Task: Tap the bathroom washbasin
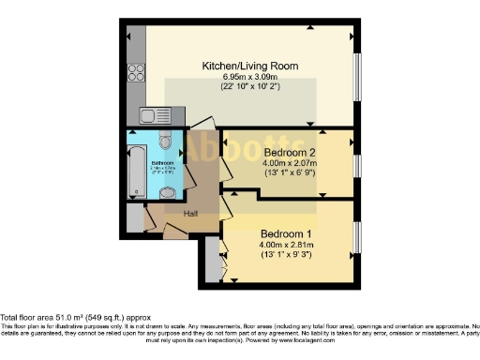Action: pyautogui.click(x=167, y=193)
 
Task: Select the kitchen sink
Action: pyautogui.click(x=151, y=116)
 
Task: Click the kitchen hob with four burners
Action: pyautogui.click(x=134, y=71)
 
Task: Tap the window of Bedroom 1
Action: pyautogui.click(x=356, y=239)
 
